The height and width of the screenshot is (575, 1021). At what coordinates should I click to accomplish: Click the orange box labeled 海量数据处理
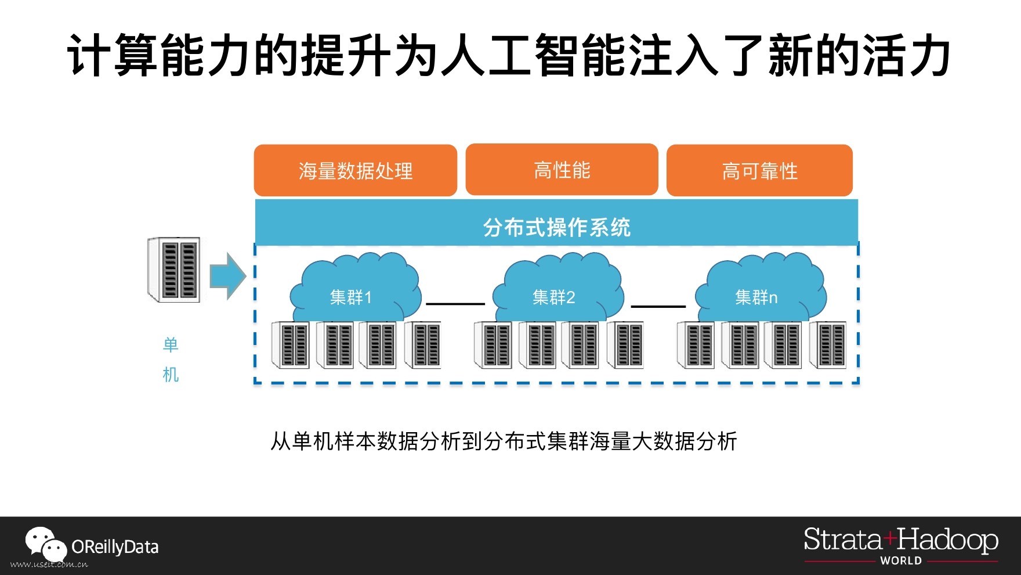click(355, 171)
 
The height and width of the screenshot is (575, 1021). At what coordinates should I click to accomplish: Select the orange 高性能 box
click(562, 170)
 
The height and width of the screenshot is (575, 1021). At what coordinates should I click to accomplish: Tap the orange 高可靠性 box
click(759, 171)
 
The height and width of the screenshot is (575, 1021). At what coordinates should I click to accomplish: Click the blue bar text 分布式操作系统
click(556, 227)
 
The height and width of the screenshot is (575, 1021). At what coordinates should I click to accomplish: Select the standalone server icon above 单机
click(174, 269)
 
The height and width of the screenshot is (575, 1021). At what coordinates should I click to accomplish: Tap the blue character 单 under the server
click(171, 345)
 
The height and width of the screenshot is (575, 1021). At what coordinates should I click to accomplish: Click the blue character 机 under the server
click(171, 375)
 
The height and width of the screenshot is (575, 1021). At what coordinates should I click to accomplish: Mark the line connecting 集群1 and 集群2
click(455, 304)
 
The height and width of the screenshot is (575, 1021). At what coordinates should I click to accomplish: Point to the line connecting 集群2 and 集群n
click(658, 306)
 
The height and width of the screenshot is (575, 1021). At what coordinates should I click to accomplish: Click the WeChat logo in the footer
click(45, 544)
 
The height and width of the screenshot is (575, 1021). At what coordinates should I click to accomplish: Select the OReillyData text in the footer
click(115, 547)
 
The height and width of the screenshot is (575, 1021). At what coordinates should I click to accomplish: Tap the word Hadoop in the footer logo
click(947, 540)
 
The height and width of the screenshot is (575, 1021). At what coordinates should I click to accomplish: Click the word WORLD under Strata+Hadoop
click(900, 560)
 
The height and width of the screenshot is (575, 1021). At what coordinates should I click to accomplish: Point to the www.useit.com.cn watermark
click(49, 565)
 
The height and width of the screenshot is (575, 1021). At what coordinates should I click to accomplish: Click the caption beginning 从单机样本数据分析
click(504, 441)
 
